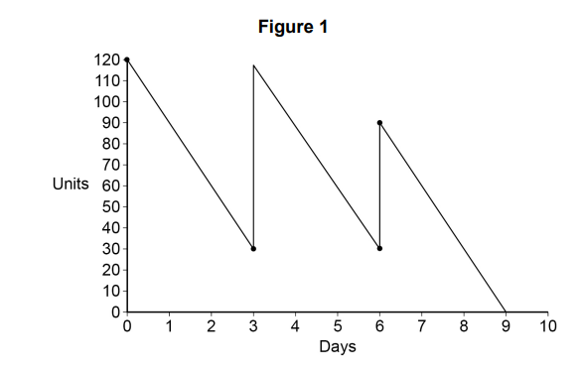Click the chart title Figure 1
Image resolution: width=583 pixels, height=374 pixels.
click(293, 28)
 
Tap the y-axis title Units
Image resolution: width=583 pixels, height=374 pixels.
click(71, 185)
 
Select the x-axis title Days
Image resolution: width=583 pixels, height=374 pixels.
click(337, 347)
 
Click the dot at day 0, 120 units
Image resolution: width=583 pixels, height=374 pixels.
click(127, 60)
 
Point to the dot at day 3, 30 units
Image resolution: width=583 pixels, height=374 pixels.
click(253, 248)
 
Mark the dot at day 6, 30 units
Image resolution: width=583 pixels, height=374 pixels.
click(379, 248)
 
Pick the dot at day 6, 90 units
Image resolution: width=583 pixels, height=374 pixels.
click(379, 122)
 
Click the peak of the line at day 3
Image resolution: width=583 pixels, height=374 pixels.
click(253, 65)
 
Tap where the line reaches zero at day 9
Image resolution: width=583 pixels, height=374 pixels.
click(506, 312)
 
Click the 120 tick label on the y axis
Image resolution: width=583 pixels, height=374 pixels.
click(106, 60)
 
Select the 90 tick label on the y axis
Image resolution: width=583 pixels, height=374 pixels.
click(109, 122)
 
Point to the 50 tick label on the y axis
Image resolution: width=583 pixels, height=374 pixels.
click(109, 206)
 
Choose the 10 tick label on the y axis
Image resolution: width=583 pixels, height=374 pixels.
click(109, 291)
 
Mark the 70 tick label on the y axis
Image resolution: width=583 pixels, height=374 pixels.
click(109, 165)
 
